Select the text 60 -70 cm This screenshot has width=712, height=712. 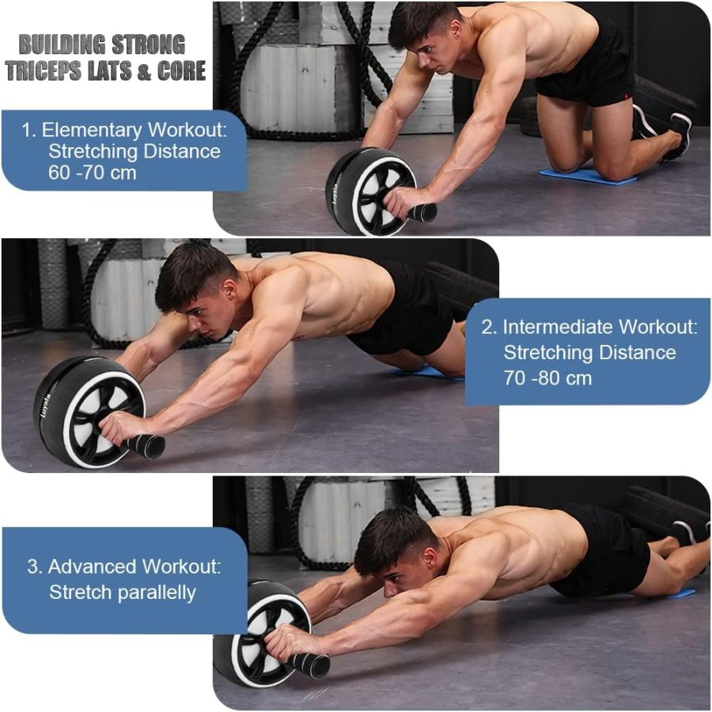pyautogui.click(x=93, y=172)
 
